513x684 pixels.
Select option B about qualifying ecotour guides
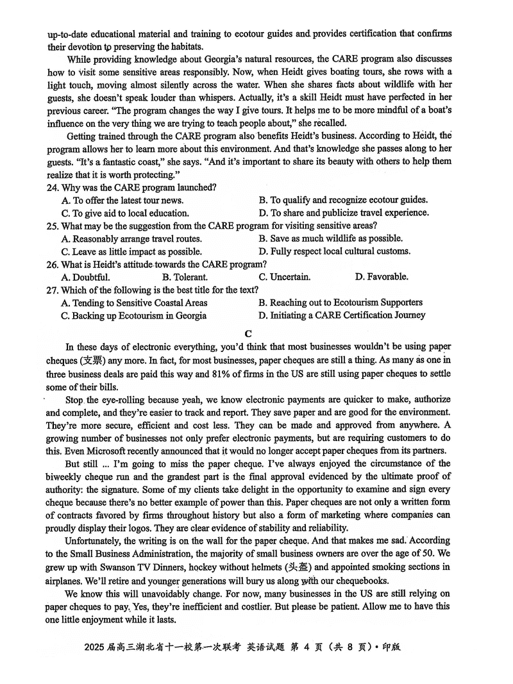click(x=343, y=200)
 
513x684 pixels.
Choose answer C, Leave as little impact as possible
click(x=131, y=251)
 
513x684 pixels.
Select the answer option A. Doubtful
click(x=85, y=277)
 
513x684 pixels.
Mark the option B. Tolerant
click(x=185, y=277)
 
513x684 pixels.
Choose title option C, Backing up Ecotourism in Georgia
click(x=134, y=315)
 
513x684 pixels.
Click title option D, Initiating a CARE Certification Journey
click(x=342, y=315)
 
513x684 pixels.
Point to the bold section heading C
click(x=248, y=333)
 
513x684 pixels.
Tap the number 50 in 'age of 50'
click(x=430, y=553)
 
